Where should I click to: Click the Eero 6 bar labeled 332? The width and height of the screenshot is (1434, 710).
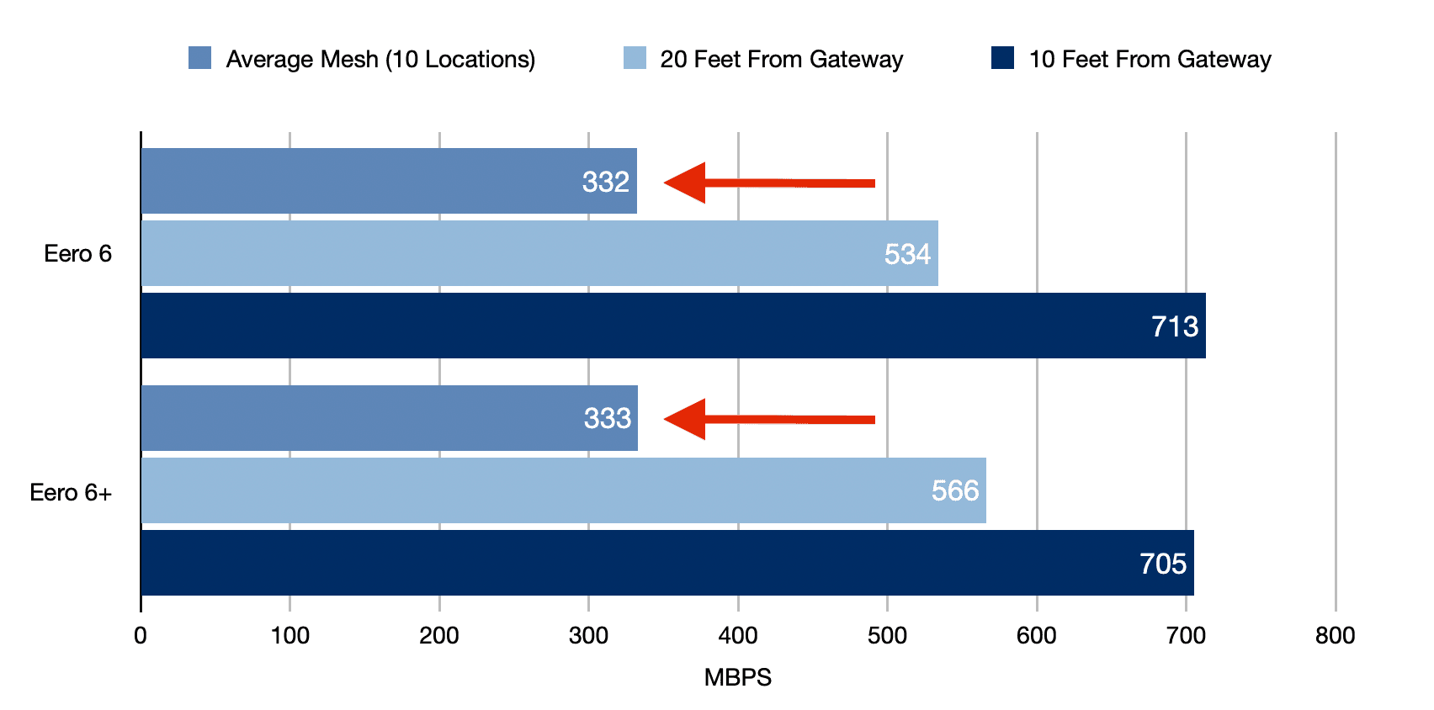(x=387, y=181)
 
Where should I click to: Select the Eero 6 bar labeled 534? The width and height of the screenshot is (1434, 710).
(x=539, y=253)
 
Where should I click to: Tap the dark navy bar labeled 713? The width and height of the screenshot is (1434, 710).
(x=673, y=326)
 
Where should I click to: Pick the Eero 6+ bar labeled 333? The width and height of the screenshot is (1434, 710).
(x=387, y=418)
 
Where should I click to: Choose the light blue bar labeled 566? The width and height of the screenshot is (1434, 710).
(x=564, y=490)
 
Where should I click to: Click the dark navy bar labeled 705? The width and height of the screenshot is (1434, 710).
(x=665, y=563)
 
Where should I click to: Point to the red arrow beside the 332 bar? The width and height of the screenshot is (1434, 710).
(x=768, y=183)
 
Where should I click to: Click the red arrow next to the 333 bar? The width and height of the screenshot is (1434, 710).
(x=768, y=419)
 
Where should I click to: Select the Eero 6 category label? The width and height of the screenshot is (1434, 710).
(x=77, y=254)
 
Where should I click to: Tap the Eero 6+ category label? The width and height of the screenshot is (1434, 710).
(x=71, y=492)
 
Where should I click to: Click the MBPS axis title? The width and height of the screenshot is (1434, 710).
(x=737, y=677)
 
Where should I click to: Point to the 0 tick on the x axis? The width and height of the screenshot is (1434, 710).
(x=141, y=636)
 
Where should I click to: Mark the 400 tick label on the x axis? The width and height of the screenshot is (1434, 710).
(x=737, y=636)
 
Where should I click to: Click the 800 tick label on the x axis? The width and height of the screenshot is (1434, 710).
(x=1335, y=636)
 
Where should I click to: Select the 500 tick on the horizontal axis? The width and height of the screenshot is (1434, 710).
(x=887, y=636)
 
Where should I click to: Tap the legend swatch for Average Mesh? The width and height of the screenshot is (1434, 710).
(x=199, y=58)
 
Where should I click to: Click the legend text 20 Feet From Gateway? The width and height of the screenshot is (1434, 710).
(x=781, y=59)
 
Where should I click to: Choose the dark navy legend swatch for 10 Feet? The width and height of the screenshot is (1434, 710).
(x=1002, y=58)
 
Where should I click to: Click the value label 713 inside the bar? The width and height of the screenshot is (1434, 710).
(x=1175, y=326)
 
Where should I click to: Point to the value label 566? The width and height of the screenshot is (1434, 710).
(x=955, y=490)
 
